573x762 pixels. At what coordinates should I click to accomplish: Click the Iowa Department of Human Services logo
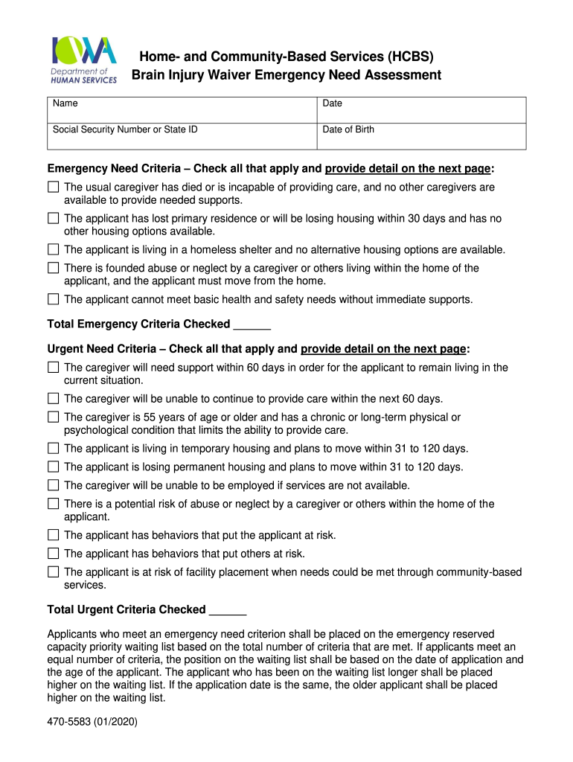pyautogui.click(x=83, y=60)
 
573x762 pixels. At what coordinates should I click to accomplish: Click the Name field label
pyautogui.click(x=65, y=104)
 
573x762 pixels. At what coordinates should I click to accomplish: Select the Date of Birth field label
pyautogui.click(x=348, y=129)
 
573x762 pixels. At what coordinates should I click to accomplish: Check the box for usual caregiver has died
pyautogui.click(x=53, y=188)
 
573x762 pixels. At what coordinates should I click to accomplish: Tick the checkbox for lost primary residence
pyautogui.click(x=53, y=219)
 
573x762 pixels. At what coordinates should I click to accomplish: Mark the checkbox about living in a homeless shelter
pyautogui.click(x=53, y=250)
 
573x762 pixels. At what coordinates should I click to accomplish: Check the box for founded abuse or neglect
pyautogui.click(x=53, y=268)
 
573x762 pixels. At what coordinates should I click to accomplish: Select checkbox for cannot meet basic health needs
pyautogui.click(x=53, y=299)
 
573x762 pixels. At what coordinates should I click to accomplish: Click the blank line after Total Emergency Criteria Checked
pyautogui.click(x=252, y=325)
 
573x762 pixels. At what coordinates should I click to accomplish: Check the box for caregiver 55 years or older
pyautogui.click(x=53, y=417)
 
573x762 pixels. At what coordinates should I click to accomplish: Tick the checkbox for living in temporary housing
pyautogui.click(x=53, y=449)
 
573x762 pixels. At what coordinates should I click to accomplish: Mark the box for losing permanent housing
pyautogui.click(x=53, y=467)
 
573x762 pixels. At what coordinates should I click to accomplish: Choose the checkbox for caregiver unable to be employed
pyautogui.click(x=53, y=486)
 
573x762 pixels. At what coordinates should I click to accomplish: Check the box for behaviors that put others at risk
pyautogui.click(x=53, y=554)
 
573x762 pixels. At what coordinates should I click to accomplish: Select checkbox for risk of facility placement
pyautogui.click(x=53, y=572)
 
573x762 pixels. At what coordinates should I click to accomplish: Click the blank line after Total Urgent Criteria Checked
pyautogui.click(x=228, y=611)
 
